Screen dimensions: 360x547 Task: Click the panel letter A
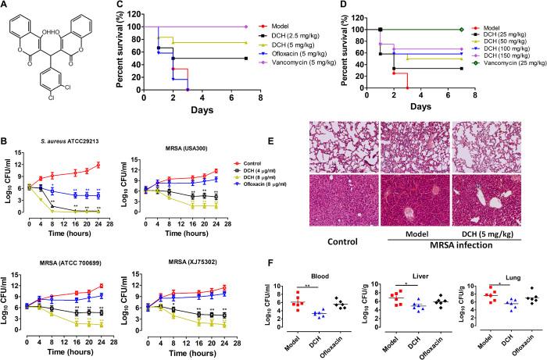point(6,7)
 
